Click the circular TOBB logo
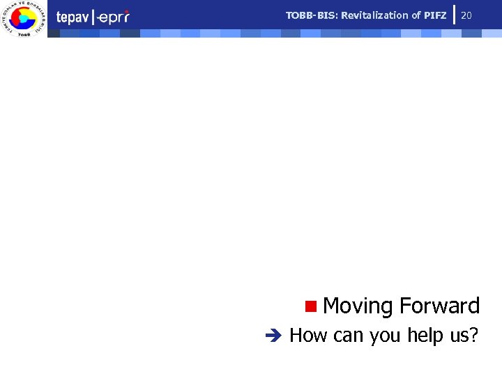click(x=23, y=19)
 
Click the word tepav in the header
click(x=72, y=17)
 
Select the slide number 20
click(x=466, y=15)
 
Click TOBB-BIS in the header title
click(x=312, y=15)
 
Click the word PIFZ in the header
click(x=434, y=15)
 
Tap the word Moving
click(x=358, y=306)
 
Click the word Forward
click(x=440, y=306)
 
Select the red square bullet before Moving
click(x=310, y=305)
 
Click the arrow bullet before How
click(x=273, y=336)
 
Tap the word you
click(x=386, y=336)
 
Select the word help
click(x=426, y=336)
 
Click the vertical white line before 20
click(x=454, y=14)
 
